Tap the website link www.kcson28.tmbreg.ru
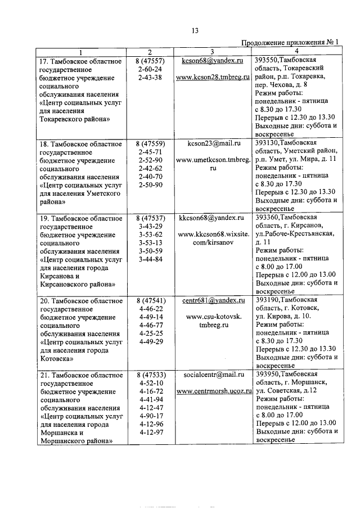pos(213,77)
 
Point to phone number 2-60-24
pos(150,69)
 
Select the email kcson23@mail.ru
pos(213,143)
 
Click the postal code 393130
pos(266,143)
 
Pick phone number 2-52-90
pos(150,161)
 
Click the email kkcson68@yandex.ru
pos(213,218)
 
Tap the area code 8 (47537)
pos(150,218)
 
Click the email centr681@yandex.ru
pos(213,301)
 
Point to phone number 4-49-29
pos(150,341)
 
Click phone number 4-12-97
pos(150,433)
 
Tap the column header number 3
pos(213,52)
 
